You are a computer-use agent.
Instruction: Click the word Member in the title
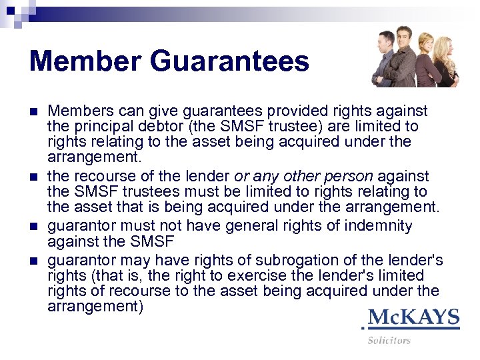[x=85, y=62]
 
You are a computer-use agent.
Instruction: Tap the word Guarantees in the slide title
[x=229, y=62]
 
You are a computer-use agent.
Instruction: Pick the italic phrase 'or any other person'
[x=304, y=177]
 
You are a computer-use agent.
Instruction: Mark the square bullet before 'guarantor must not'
[x=35, y=227]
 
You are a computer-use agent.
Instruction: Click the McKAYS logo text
[x=413, y=317]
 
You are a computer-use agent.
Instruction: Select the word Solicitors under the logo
[x=389, y=341]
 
